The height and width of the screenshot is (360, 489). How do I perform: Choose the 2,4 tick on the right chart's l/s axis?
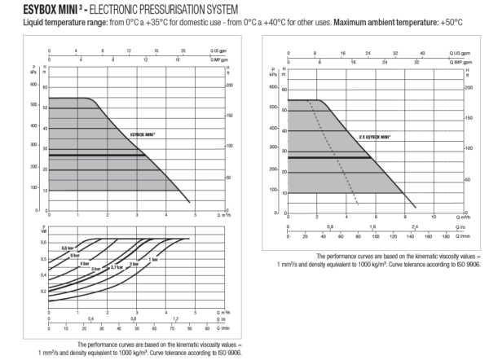point(415,227)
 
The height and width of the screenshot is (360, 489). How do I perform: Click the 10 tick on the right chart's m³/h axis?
point(434,217)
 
